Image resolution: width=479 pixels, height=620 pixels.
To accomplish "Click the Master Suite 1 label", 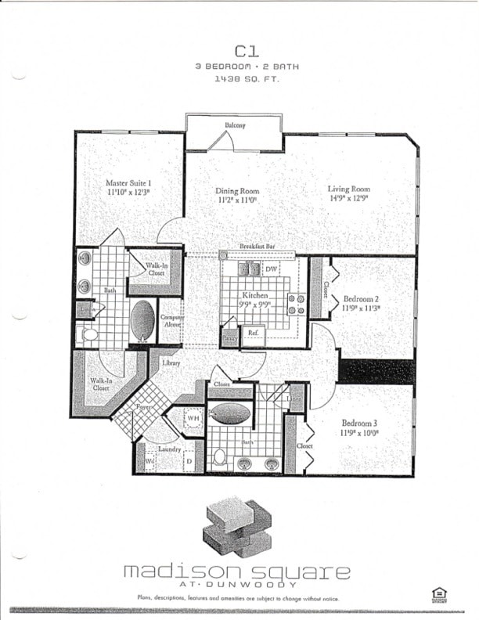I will tap(128, 182).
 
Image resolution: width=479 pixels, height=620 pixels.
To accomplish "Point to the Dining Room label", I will tap(237, 190).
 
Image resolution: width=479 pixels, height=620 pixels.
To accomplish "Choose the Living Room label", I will tap(348, 189).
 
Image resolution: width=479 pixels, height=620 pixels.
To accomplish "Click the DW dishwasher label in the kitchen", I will tap(272, 269).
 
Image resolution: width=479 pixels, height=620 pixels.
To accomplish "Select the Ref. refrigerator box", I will tap(254, 333).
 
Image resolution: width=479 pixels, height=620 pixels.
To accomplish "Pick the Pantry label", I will tap(229, 338).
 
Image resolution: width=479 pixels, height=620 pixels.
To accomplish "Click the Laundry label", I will tap(169, 449).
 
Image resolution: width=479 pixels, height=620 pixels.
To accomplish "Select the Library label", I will tap(171, 363).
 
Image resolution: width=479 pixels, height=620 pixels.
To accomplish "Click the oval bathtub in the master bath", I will tap(142, 319).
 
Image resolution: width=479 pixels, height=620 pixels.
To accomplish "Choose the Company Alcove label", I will tap(171, 320).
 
